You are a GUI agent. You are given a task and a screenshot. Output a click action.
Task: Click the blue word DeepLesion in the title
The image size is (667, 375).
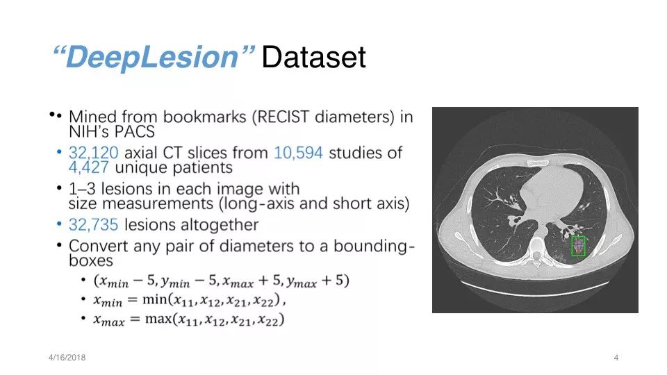coord(152,56)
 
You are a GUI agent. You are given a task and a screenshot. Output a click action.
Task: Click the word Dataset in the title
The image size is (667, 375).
coord(313,57)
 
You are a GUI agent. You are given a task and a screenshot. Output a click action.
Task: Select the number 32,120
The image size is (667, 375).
coord(94,153)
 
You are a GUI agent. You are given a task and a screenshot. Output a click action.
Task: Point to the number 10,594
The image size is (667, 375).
coord(298,153)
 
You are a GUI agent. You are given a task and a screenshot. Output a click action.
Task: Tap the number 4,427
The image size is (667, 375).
coord(88,167)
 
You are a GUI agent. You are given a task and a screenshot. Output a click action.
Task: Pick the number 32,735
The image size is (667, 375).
coord(94,224)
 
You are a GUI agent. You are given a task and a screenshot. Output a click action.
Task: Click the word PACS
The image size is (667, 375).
coord(134,131)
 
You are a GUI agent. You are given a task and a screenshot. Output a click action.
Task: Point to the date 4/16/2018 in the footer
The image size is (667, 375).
coord(67,358)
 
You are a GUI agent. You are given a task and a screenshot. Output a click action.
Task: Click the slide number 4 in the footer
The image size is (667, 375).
coord(616,358)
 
